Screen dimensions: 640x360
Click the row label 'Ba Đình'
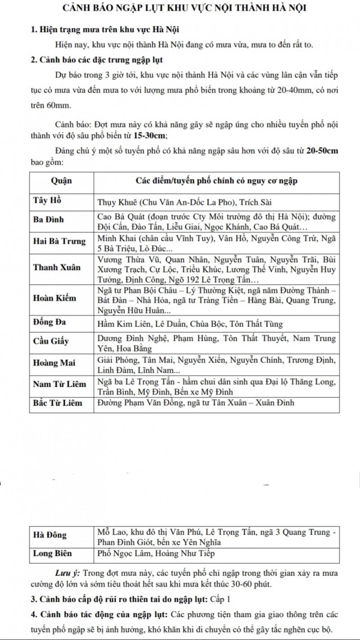pos(49,219)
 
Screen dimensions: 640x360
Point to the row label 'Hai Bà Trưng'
pos(60,241)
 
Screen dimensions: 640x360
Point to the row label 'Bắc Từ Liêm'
pos(58,403)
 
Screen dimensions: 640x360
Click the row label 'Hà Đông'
pos(50,536)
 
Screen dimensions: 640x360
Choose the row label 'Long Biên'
pos(53,554)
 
